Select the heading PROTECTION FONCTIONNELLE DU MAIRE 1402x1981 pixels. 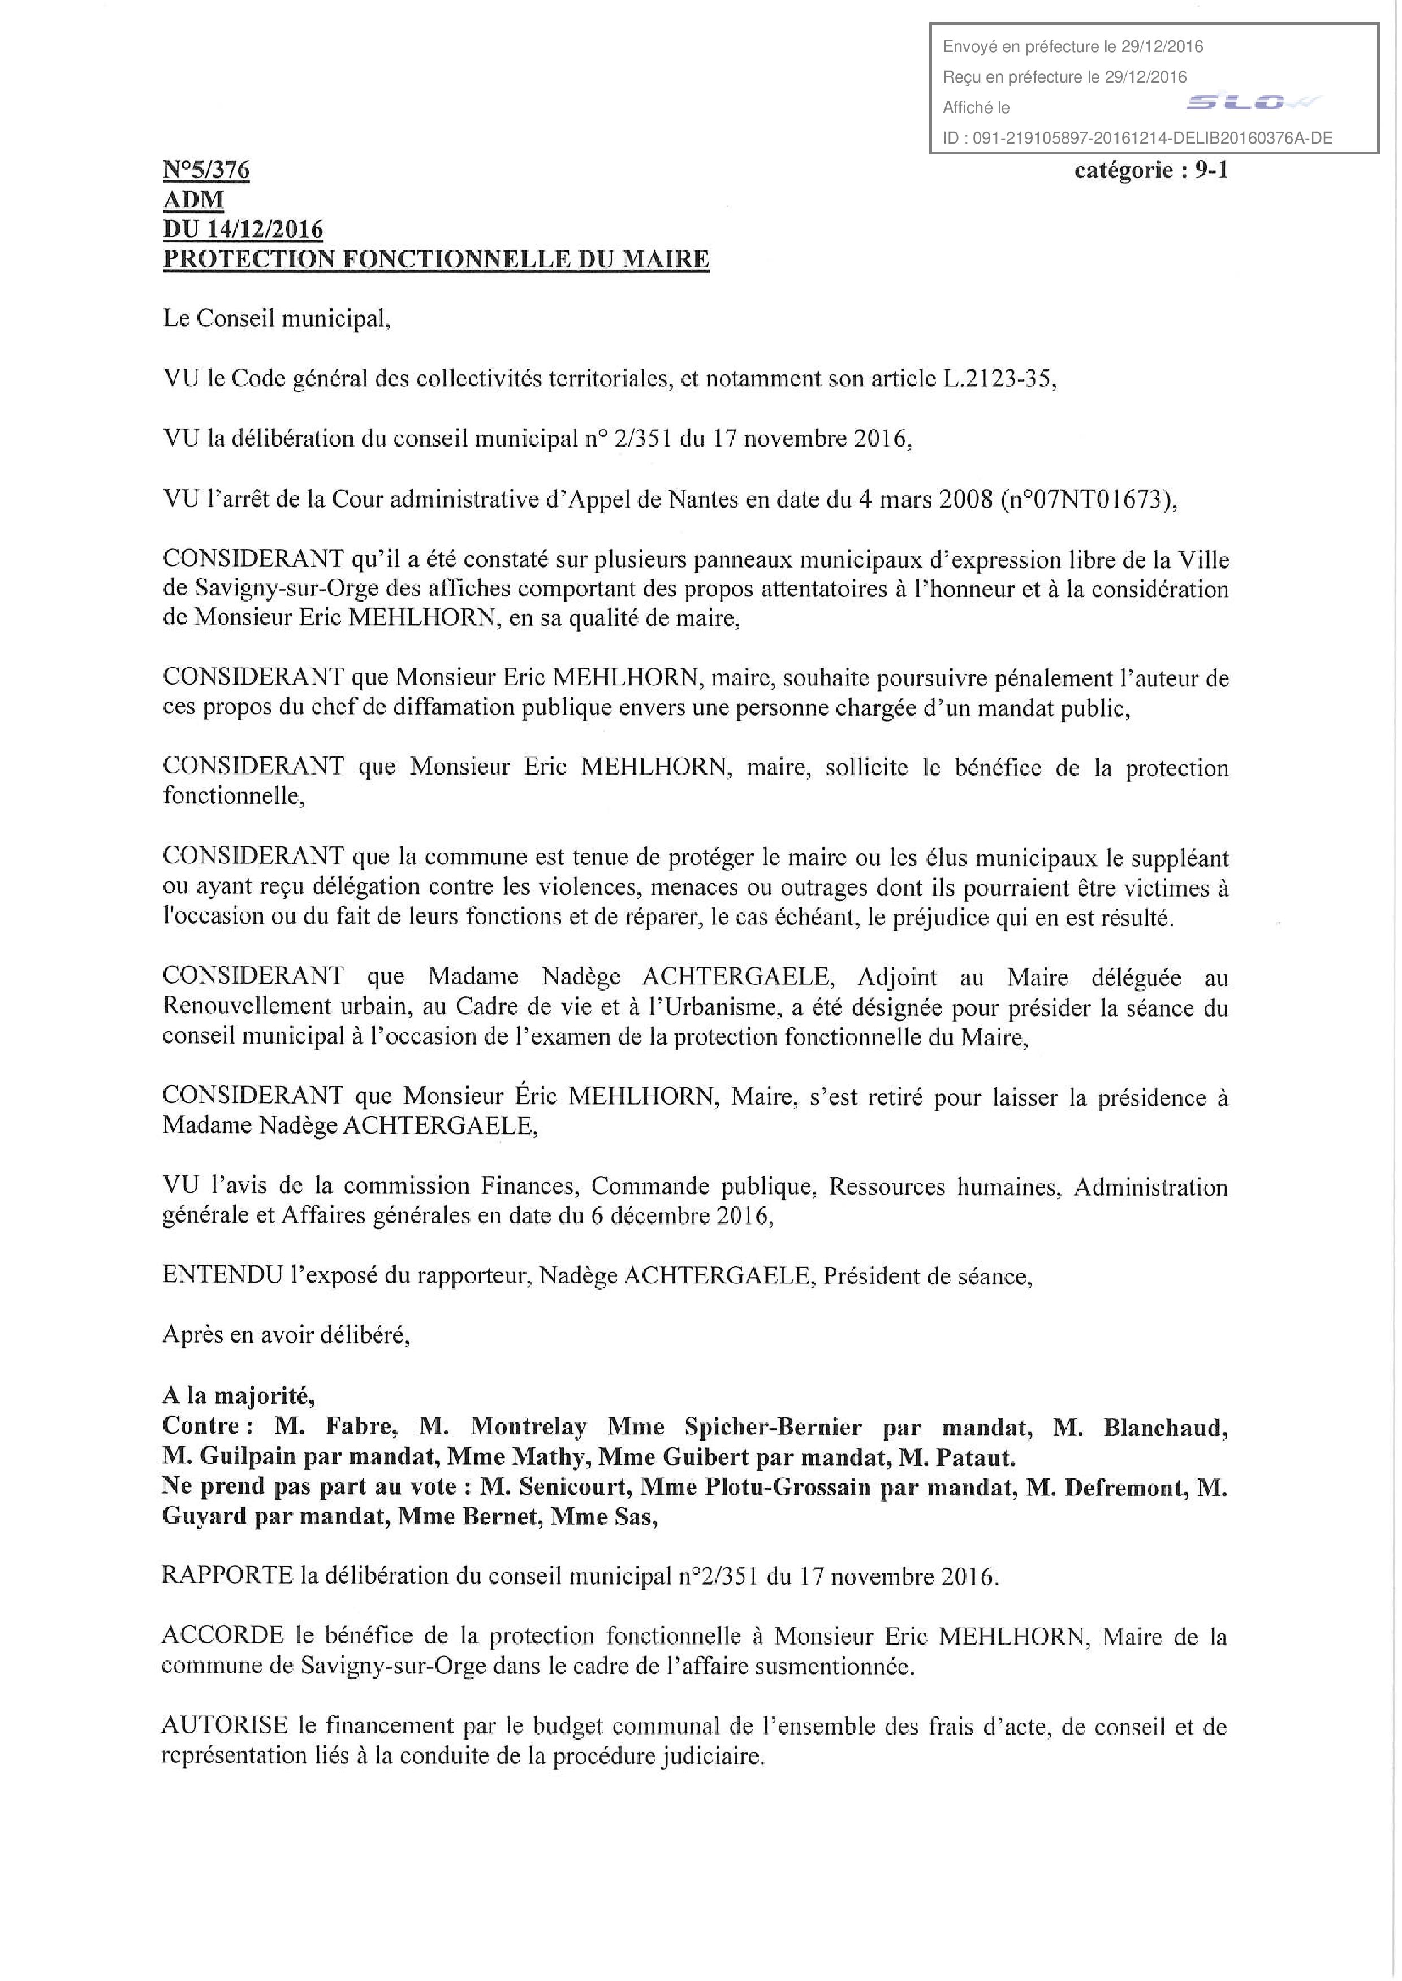[436, 259]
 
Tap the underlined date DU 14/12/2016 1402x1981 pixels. [243, 230]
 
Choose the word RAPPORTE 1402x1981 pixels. [227, 1576]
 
